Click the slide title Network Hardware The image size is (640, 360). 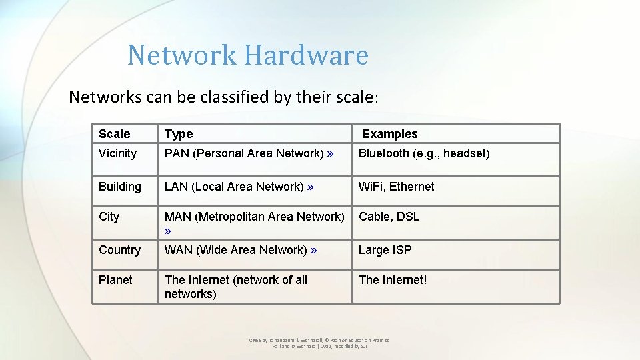(247, 55)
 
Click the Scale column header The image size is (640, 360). (115, 134)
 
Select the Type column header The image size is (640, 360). (179, 134)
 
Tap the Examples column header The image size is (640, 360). (389, 134)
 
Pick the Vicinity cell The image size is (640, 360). (117, 153)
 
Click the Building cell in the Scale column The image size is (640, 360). (120, 187)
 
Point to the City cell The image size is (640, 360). (109, 217)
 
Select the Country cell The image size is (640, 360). (119, 250)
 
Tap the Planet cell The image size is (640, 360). (115, 280)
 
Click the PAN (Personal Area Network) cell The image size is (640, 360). (249, 153)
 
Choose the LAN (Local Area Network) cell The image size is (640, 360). (239, 187)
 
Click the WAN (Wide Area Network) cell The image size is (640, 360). (241, 250)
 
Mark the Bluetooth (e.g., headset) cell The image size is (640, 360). (424, 153)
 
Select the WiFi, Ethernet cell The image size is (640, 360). (396, 187)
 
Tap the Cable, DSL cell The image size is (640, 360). (389, 217)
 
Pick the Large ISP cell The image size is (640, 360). (385, 250)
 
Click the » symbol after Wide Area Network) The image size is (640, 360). (314, 250)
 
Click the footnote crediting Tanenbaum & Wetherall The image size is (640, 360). (319, 343)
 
